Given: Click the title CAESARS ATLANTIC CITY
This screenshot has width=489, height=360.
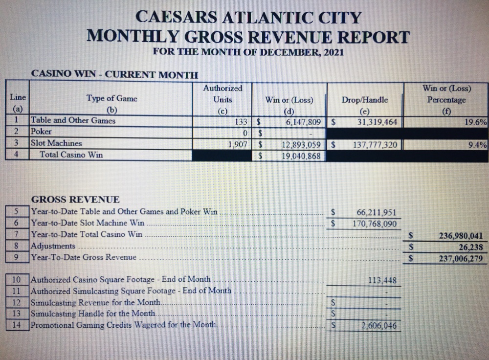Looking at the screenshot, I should pyautogui.click(x=248, y=18).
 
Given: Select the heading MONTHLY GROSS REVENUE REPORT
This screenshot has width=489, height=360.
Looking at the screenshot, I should pyautogui.click(x=248, y=36).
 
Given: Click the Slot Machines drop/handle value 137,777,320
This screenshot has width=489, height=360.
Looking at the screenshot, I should pyautogui.click(x=375, y=145).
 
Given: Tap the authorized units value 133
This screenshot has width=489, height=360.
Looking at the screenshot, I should pyautogui.click(x=243, y=121).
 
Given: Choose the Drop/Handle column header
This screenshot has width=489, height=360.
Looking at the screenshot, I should pyautogui.click(x=364, y=100).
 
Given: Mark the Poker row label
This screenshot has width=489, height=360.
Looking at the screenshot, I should pyautogui.click(x=42, y=132).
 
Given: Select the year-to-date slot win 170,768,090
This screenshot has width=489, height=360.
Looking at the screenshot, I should pyautogui.click(x=375, y=224).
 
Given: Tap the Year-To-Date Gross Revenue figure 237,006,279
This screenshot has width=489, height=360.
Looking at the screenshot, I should pyautogui.click(x=460, y=258).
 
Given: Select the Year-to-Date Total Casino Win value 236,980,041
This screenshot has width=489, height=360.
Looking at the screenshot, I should pyautogui.click(x=461, y=236).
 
